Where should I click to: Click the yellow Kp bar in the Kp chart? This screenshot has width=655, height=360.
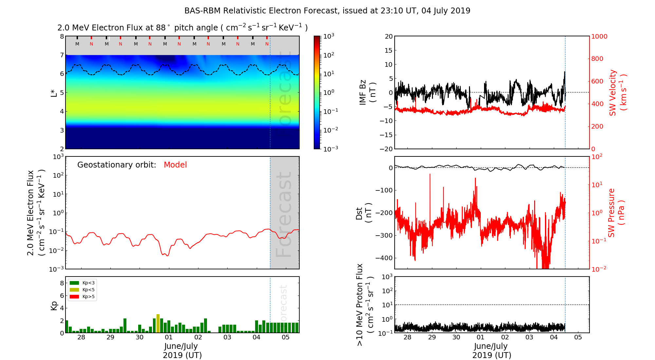tap(158, 323)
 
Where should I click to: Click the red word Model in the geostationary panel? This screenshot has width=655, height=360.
tap(175, 165)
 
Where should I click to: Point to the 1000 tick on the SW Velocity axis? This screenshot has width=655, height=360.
tap(599, 36)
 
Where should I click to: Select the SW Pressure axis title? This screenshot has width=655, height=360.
tap(616, 213)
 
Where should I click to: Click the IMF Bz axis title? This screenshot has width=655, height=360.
tap(367, 92)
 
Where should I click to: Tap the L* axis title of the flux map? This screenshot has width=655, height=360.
tap(54, 92)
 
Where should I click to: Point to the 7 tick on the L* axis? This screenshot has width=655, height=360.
tap(62, 55)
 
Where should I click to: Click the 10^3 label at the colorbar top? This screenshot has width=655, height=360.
tap(328, 36)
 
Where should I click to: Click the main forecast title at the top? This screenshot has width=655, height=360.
tap(327, 11)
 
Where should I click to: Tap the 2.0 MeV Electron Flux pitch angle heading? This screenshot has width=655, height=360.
tap(182, 28)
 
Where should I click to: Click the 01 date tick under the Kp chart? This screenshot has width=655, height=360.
tap(169, 337)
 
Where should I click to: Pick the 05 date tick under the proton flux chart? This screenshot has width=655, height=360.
tap(578, 337)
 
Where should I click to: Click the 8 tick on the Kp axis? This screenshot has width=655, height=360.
tap(62, 283)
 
